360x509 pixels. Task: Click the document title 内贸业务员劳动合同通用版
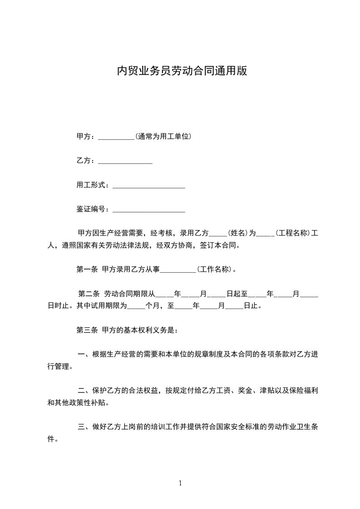[182, 71]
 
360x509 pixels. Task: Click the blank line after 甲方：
[116, 137]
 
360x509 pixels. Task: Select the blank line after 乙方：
[125, 161]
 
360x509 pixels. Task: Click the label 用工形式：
[93, 185]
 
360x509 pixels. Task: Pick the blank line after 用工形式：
[148, 185]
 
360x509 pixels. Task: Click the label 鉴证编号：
[93, 209]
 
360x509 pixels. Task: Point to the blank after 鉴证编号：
[148, 209]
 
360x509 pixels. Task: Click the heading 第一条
[87, 269]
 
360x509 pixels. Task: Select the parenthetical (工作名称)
[216, 269]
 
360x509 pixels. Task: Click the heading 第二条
[89, 294]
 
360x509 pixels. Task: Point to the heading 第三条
[87, 330]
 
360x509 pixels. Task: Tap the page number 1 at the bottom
[180, 484]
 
